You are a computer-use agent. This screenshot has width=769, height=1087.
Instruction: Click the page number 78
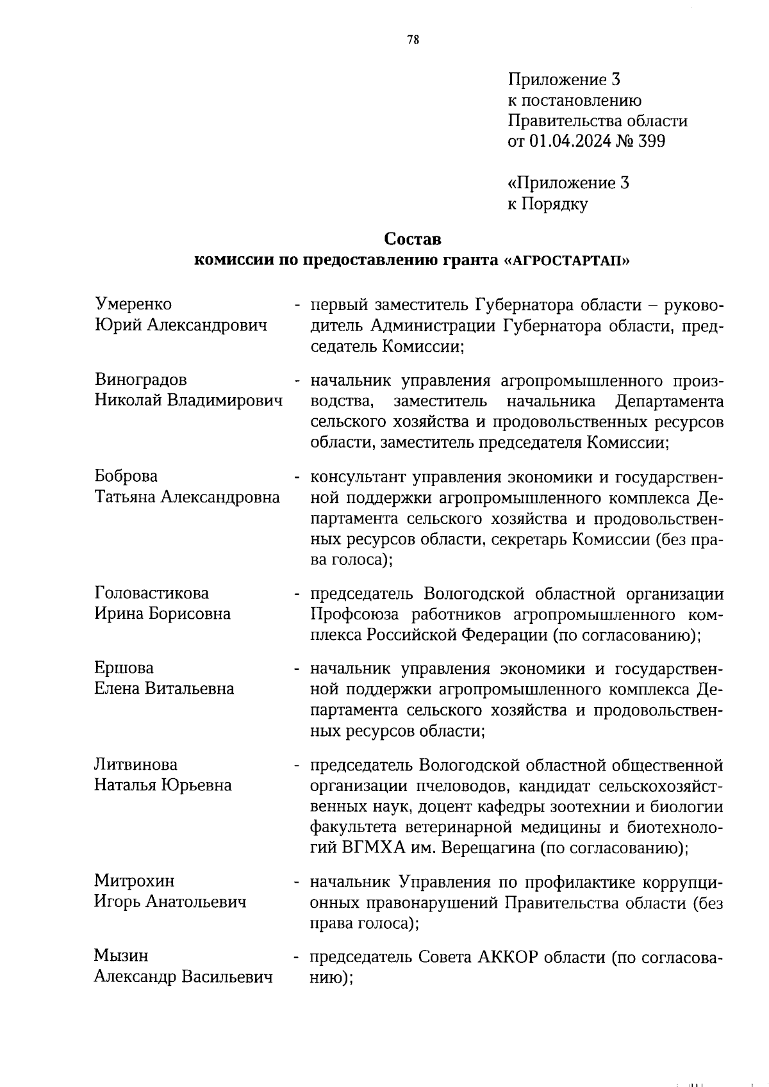pyautogui.click(x=413, y=40)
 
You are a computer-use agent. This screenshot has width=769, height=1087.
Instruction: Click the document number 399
pyautogui.click(x=650, y=141)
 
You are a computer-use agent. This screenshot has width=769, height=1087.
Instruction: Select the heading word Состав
pyautogui.click(x=413, y=239)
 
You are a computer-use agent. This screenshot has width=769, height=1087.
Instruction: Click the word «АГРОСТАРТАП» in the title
pyautogui.click(x=568, y=260)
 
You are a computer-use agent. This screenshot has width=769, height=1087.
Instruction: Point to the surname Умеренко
pyautogui.click(x=133, y=304)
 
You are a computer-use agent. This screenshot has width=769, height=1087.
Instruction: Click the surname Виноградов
pyautogui.click(x=141, y=380)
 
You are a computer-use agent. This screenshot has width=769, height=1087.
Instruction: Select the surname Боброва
pyautogui.click(x=126, y=477)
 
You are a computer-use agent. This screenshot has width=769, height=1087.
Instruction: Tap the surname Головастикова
pyautogui.click(x=152, y=593)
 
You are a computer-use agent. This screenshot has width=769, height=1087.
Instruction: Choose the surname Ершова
pyautogui.click(x=124, y=668)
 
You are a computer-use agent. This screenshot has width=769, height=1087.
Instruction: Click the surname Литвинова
pyautogui.click(x=136, y=765)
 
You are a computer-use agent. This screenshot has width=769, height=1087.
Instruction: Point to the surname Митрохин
pyautogui.click(x=134, y=882)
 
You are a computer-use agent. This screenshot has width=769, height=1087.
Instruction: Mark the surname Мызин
pyautogui.click(x=121, y=956)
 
